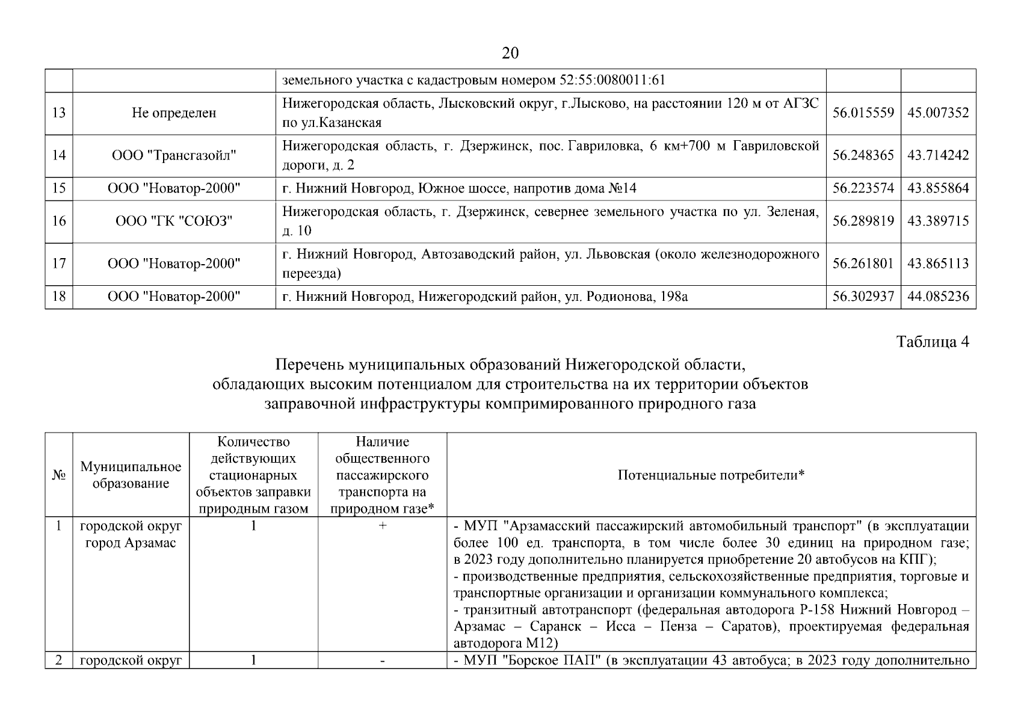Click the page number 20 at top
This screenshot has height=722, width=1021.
click(510, 54)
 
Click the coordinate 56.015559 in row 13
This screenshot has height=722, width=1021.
click(863, 113)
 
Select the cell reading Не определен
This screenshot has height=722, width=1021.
click(174, 113)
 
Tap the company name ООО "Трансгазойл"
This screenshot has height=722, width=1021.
click(174, 155)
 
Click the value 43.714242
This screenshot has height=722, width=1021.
click(938, 155)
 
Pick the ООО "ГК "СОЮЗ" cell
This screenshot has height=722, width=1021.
click(174, 221)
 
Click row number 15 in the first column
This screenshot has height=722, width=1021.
click(58, 188)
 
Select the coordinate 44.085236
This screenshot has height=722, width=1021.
click(938, 297)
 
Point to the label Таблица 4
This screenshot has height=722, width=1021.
click(933, 342)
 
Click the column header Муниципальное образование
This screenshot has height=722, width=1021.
click(131, 475)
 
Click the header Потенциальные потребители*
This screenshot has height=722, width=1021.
click(711, 475)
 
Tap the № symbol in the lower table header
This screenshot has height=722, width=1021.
click(58, 475)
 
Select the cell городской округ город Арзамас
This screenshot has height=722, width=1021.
click(131, 534)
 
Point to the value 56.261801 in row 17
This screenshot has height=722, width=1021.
click(863, 264)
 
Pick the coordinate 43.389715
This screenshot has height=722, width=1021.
click(938, 221)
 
